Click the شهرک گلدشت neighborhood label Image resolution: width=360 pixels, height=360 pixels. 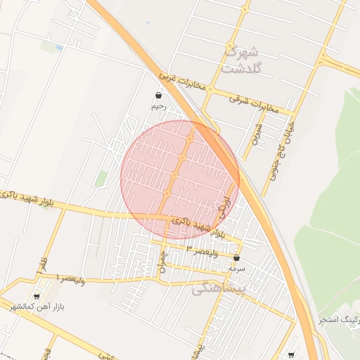click(x=240, y=60)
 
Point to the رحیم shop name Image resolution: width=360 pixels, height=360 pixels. click(x=158, y=107)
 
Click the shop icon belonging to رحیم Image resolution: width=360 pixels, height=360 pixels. click(x=158, y=94)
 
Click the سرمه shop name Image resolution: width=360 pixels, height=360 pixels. click(x=236, y=269)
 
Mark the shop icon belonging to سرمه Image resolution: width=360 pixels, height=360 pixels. click(x=236, y=258)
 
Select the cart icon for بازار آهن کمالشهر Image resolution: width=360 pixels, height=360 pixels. click(x=37, y=297)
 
